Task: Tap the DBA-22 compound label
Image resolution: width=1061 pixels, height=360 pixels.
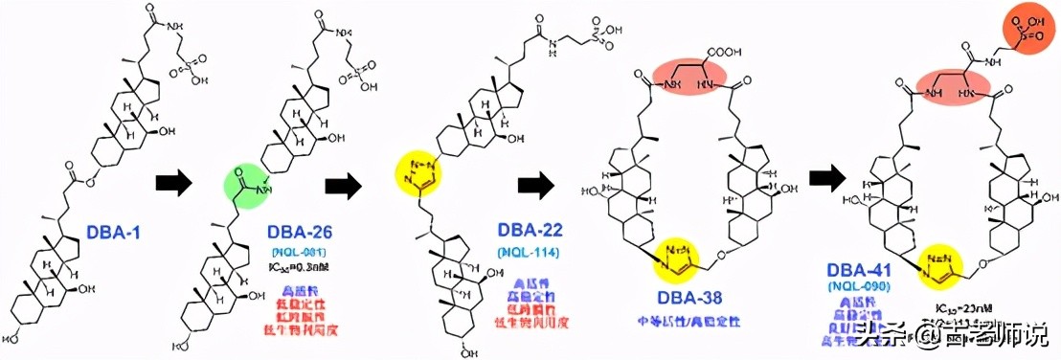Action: (x=529, y=231)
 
